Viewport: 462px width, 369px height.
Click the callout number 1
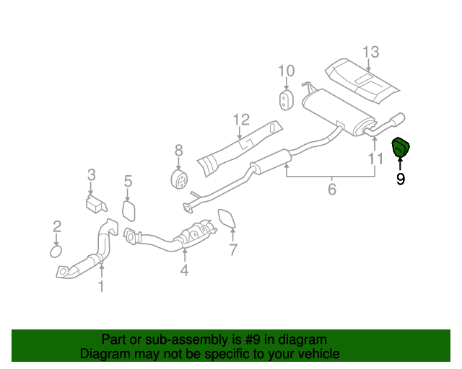(101, 287)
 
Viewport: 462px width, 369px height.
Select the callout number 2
(57, 228)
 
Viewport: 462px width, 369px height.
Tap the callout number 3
(92, 174)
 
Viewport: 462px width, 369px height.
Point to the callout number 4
(185, 271)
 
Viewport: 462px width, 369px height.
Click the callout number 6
(332, 190)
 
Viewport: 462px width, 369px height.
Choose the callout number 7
(233, 251)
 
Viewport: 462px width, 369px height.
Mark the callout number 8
(178, 151)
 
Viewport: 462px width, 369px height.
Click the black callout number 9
(401, 178)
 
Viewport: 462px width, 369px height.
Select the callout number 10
(286, 71)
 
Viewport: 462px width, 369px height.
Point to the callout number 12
(240, 120)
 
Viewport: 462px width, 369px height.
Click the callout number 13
(370, 52)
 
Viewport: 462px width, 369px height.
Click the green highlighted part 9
(400, 147)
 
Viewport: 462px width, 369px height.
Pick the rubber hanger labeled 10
(286, 100)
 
